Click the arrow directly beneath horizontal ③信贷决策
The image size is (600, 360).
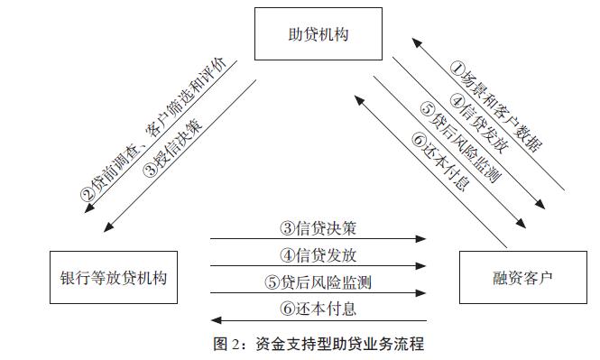[318, 240]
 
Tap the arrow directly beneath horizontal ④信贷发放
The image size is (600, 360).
[318, 266]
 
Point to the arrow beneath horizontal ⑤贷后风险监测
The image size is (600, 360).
[318, 293]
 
